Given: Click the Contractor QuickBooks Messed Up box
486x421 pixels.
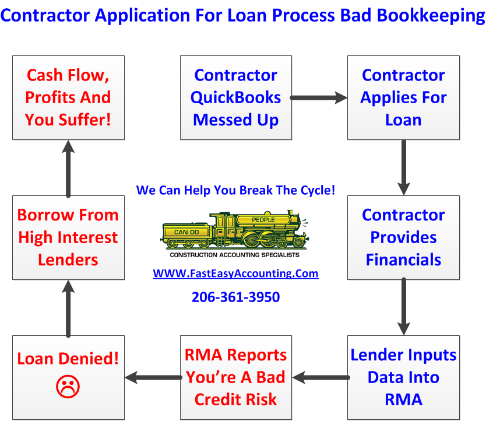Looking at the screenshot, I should (236, 97).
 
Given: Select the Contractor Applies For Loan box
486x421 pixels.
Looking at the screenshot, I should (403, 97).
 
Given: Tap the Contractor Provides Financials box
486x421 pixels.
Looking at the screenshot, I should (403, 237).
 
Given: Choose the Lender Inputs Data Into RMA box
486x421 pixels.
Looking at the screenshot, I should (403, 377).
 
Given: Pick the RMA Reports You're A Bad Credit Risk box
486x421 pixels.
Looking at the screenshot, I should (236, 377).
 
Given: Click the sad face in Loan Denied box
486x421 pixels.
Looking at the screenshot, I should (68, 385).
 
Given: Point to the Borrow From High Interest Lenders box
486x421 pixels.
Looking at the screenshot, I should (68, 237).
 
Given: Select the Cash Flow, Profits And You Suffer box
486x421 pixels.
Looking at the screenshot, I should (68, 97).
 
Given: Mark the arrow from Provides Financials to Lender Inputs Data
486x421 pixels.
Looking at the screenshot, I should (403, 307).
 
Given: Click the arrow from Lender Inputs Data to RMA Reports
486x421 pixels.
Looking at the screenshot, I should (320, 378).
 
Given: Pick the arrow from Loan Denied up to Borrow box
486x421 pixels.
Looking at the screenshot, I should (68, 307).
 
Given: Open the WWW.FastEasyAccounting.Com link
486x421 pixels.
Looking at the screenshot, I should (235, 273).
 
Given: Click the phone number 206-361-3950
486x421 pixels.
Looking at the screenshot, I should (235, 297).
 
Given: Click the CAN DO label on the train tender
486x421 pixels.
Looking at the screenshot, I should (186, 232).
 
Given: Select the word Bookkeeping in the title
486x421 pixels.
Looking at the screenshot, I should (431, 15).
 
